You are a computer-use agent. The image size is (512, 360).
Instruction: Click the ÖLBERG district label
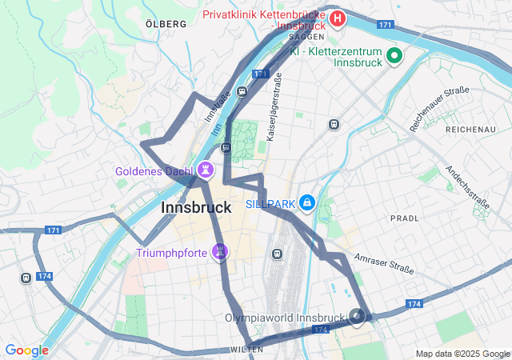click(x=166, y=24)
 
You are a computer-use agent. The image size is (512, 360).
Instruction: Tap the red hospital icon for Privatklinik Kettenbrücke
click(x=338, y=18)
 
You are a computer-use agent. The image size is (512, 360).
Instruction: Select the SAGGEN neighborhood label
click(x=306, y=37)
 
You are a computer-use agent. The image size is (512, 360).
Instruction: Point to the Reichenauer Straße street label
click(x=438, y=109)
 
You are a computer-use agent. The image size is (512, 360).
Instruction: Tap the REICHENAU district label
click(x=471, y=130)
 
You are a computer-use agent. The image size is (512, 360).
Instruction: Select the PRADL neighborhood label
click(x=405, y=218)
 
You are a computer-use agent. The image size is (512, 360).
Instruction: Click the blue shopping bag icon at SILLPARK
click(x=306, y=203)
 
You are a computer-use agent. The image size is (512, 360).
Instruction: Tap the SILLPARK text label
click(x=270, y=204)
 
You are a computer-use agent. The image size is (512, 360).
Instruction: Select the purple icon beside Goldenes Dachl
click(x=206, y=170)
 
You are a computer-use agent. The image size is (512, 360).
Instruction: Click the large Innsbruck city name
click(x=197, y=207)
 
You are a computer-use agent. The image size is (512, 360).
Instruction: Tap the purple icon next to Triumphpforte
click(x=220, y=252)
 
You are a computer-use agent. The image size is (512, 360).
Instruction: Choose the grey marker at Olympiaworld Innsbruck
click(x=358, y=317)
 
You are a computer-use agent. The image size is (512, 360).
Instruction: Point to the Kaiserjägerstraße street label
click(x=275, y=108)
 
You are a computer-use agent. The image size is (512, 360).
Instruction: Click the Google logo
click(x=26, y=350)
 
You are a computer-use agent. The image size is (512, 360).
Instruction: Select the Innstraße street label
click(x=218, y=106)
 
